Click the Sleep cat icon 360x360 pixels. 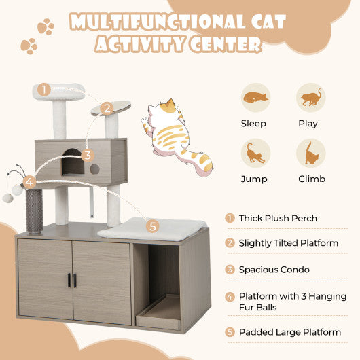[255, 97]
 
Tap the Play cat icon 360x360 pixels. [310, 97]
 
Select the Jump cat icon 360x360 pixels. [255, 153]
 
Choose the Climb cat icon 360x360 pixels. [310, 153]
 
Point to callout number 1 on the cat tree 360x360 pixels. [44, 89]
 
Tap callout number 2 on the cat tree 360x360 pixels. [106, 108]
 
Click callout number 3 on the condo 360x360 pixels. [87, 155]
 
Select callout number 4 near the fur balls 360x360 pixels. [29, 182]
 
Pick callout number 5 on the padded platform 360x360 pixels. [152, 226]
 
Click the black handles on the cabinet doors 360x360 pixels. [72, 280]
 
